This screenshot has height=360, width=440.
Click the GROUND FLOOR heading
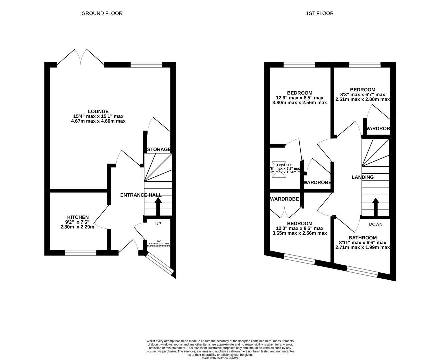[102, 13]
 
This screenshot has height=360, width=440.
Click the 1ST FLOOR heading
[320, 13]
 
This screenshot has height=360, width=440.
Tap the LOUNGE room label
[98, 111]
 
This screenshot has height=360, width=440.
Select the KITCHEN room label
[78, 217]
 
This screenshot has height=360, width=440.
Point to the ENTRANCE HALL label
[141, 195]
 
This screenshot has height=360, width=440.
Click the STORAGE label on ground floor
[159, 149]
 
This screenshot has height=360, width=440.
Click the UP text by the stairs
[158, 224]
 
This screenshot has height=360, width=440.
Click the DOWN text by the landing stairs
[375, 224]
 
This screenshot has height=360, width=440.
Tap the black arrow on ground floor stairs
[158, 206]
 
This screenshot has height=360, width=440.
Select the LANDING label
[363, 177]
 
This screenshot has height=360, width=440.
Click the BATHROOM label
[363, 238]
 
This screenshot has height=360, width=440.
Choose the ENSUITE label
[284, 165]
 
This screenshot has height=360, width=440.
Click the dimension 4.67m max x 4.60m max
[98, 121]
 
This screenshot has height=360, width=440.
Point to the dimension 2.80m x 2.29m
[77, 227]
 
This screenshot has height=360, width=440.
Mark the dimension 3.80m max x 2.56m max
[300, 103]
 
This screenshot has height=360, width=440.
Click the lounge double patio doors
[80, 57]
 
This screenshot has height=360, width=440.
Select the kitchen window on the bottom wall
[81, 253]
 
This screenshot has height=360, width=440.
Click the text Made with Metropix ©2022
[220, 358]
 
